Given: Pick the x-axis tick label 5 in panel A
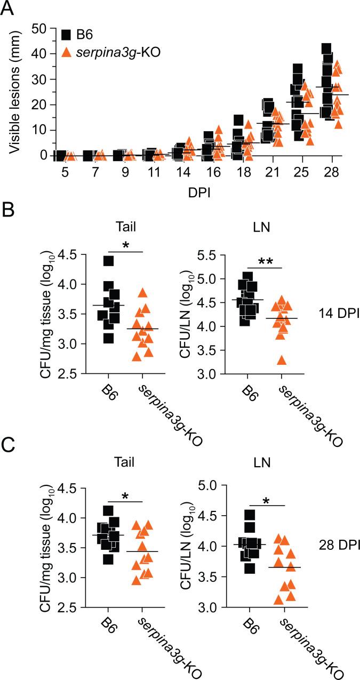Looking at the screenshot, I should [60, 174].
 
